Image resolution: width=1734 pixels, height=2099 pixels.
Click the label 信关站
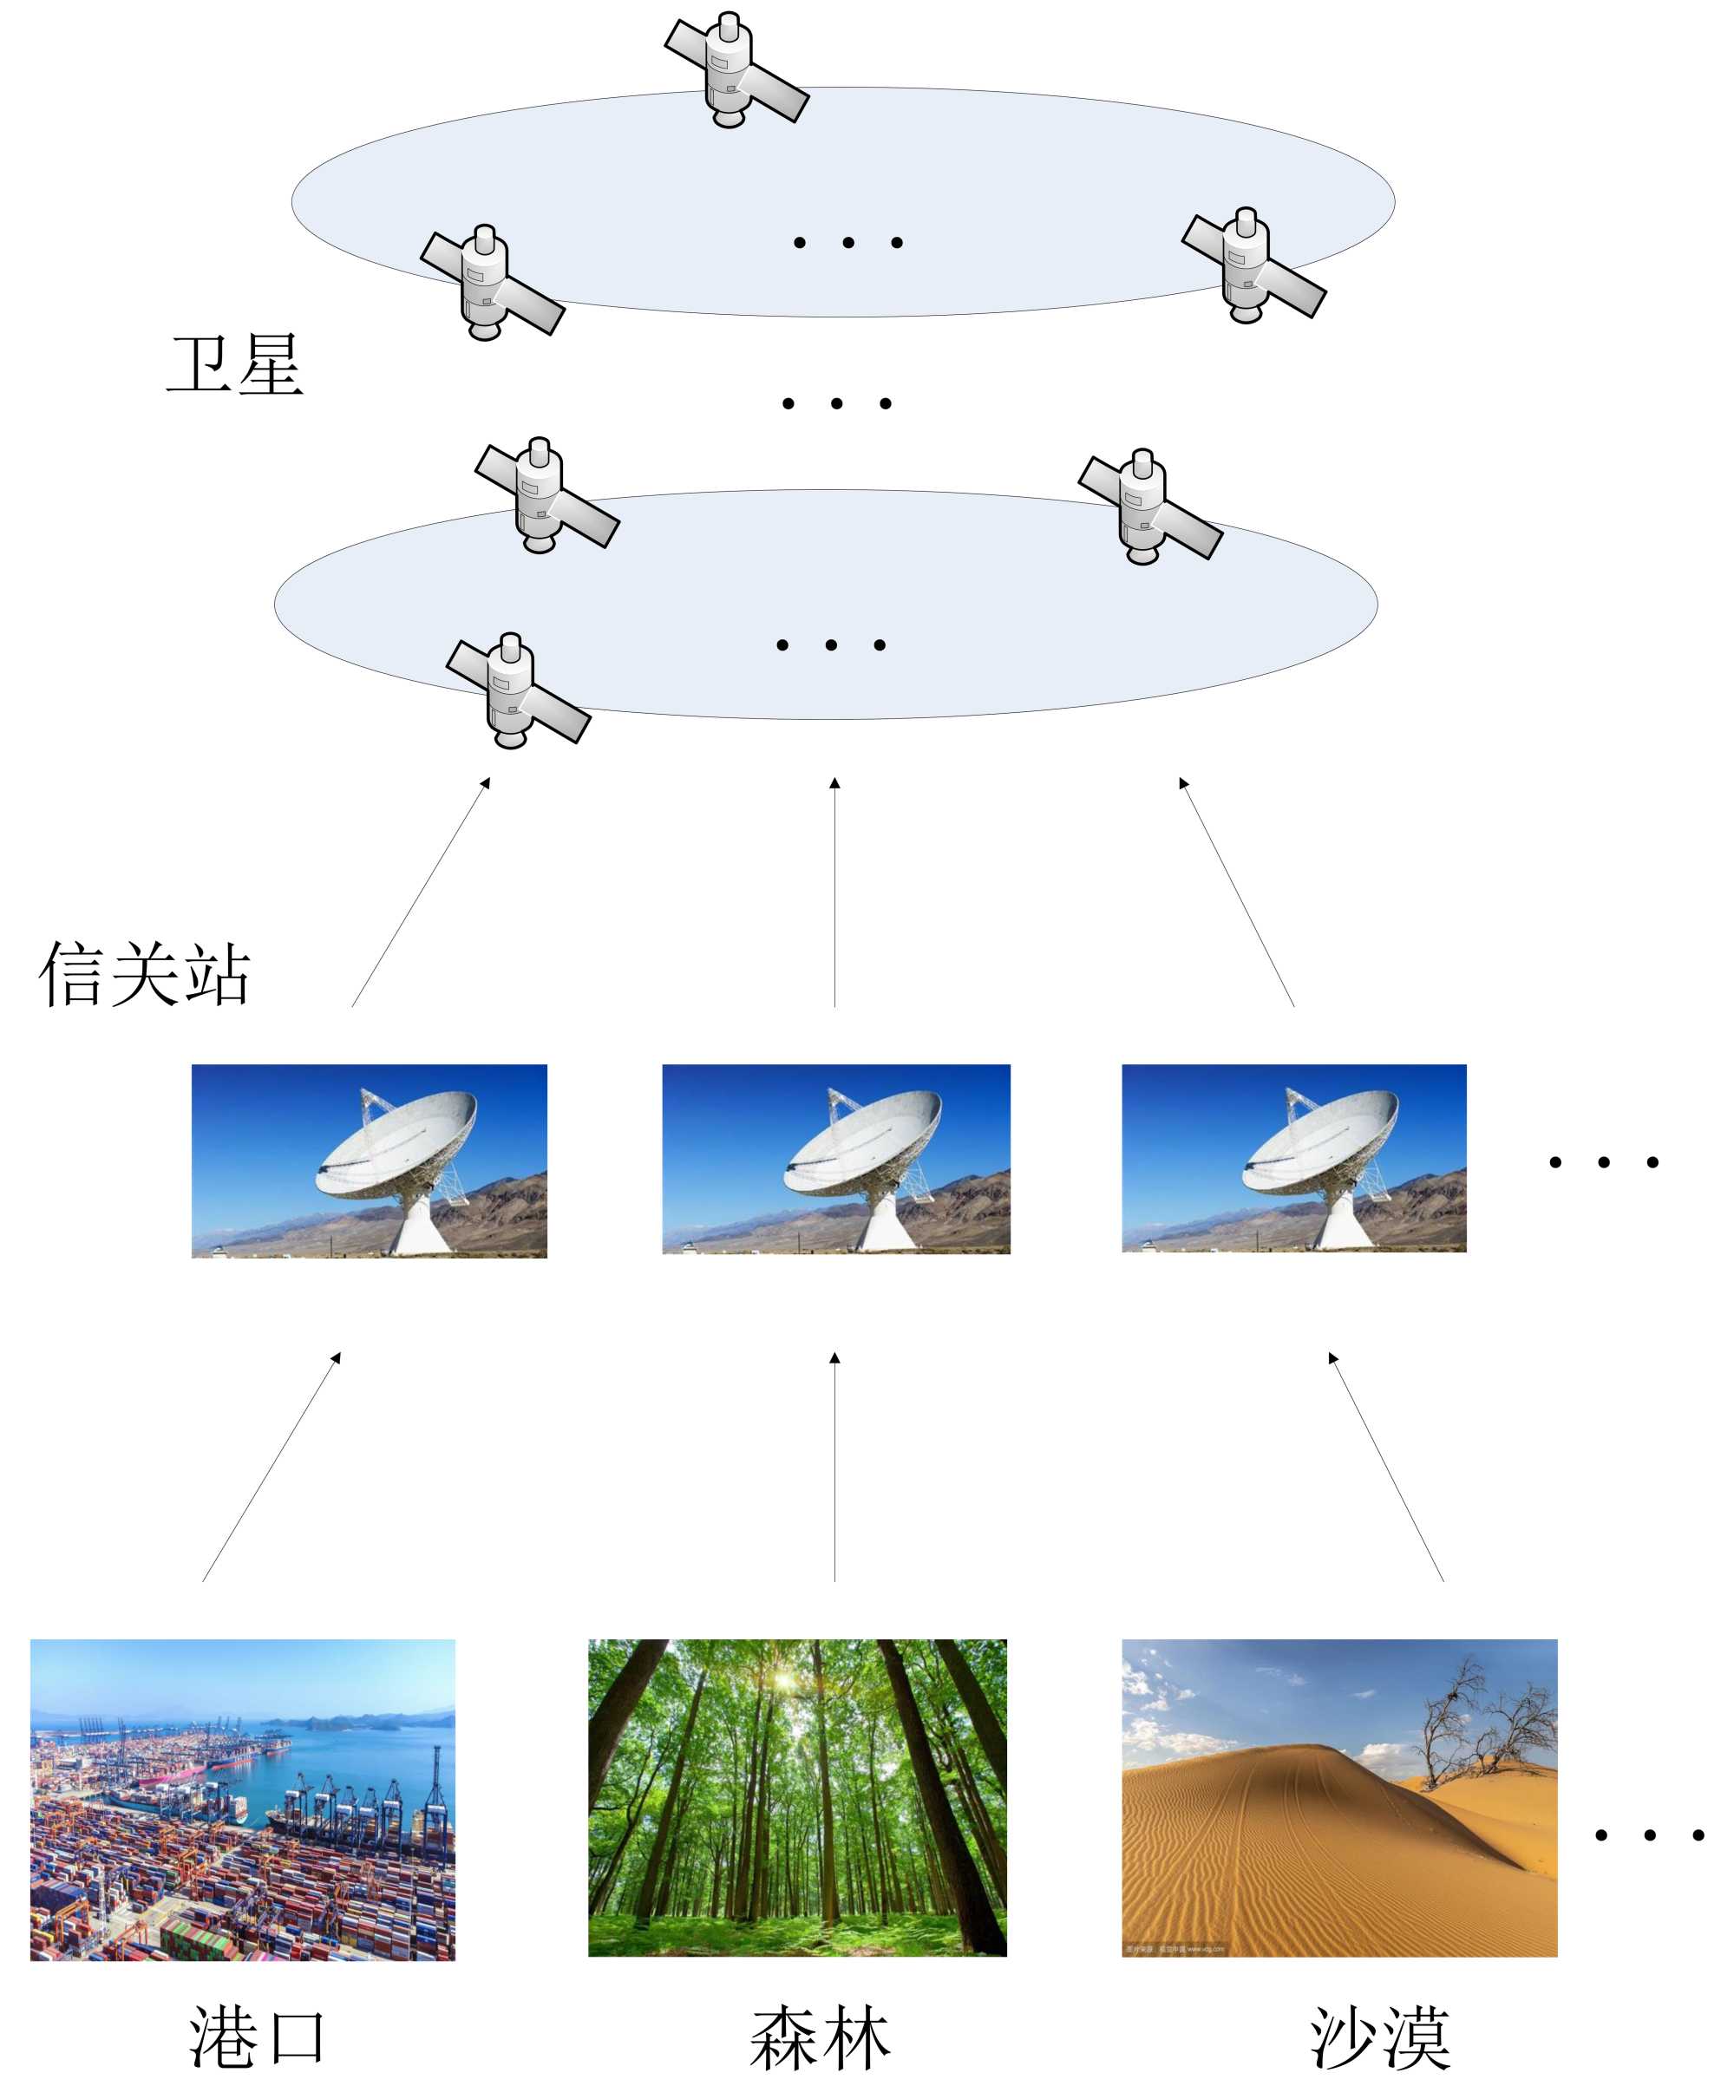[x=145, y=974]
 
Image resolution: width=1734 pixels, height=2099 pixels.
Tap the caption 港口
[x=258, y=2037]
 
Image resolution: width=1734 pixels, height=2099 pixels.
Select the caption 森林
[x=820, y=2037]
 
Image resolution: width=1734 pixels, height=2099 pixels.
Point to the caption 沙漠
[x=1380, y=2037]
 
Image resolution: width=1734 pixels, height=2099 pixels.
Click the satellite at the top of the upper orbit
[x=736, y=70]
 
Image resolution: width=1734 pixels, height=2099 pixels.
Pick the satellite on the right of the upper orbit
[x=1253, y=265]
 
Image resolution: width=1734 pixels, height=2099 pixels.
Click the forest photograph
[x=797, y=1796]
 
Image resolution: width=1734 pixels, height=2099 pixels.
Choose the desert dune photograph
[x=1338, y=1796]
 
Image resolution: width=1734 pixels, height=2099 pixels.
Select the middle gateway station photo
[x=836, y=1158]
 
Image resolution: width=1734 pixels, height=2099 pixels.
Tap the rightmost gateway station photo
[x=1293, y=1157]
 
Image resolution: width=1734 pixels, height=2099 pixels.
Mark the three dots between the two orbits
[x=836, y=403]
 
